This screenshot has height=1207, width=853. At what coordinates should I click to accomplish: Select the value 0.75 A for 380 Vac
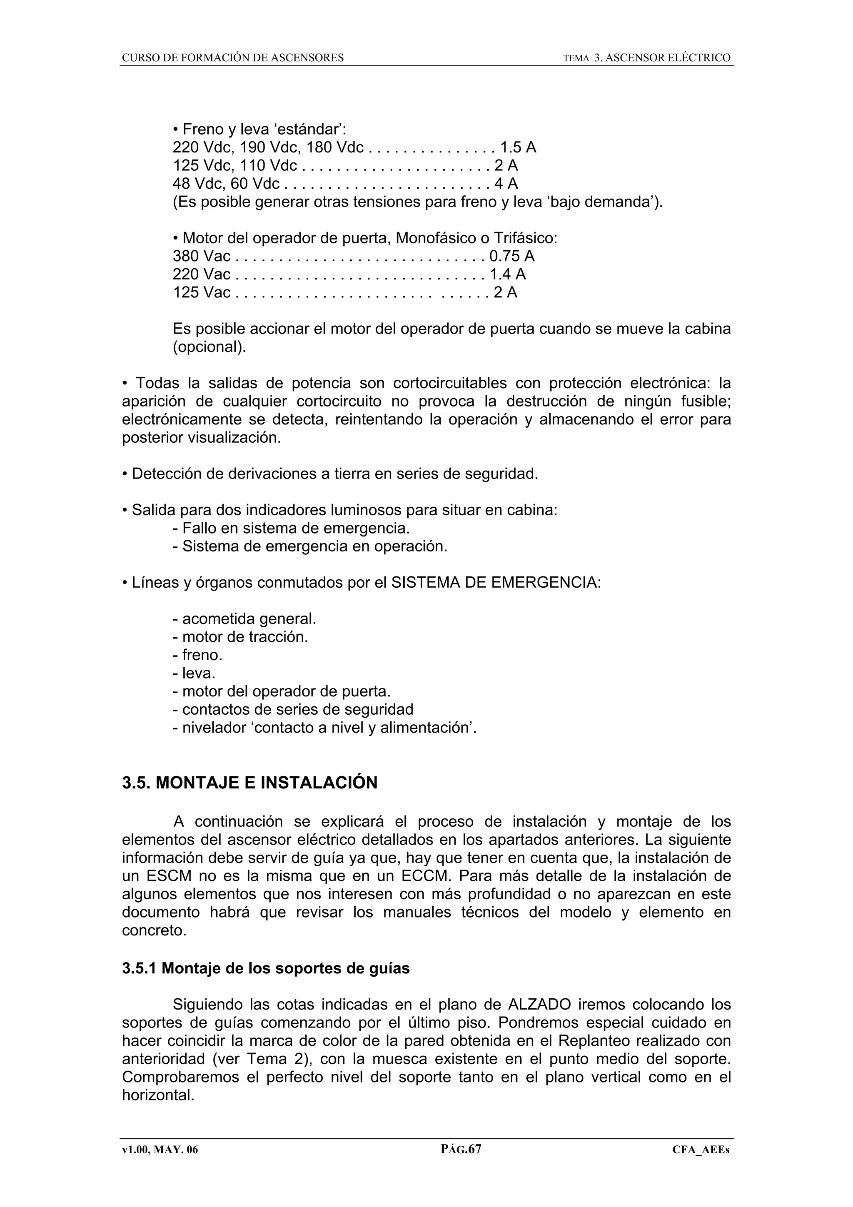[512, 257]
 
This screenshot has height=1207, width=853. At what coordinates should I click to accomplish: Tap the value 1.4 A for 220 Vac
[507, 274]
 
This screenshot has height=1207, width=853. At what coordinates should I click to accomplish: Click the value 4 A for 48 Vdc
[506, 184]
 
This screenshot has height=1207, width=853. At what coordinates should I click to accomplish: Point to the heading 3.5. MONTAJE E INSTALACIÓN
[249, 783]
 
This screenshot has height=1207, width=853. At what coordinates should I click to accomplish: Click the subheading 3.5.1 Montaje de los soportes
[265, 968]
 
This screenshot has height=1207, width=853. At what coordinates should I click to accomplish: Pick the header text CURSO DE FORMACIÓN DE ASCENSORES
[233, 58]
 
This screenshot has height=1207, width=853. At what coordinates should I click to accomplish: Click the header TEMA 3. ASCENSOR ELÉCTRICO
[646, 58]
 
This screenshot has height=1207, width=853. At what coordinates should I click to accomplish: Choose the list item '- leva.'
[194, 673]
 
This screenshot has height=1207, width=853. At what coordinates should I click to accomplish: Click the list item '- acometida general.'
[244, 619]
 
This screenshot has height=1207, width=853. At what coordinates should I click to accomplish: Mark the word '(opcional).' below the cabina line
[209, 347]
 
